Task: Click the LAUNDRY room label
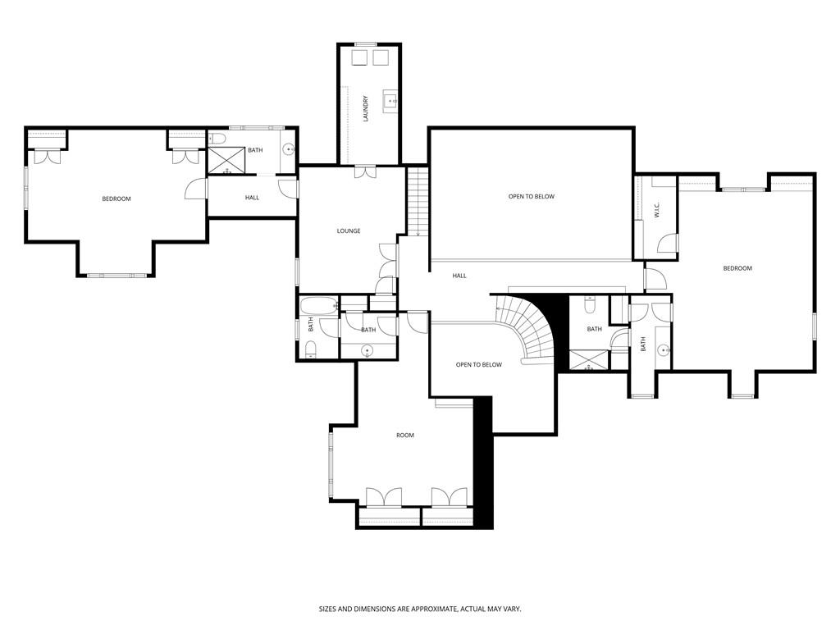point(366,109)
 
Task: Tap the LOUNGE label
point(349,231)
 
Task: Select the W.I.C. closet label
point(657,210)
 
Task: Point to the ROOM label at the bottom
point(405,436)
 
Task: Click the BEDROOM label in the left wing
point(116,199)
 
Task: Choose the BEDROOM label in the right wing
point(737,268)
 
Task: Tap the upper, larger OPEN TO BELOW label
point(532,197)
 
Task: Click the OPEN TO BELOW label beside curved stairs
point(478,365)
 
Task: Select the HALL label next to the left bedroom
point(252,198)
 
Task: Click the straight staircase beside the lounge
point(418,201)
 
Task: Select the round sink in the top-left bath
point(288,150)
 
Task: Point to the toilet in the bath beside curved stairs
point(589,307)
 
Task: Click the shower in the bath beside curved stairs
point(589,359)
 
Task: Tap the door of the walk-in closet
point(669,244)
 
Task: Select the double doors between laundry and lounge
point(365,172)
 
